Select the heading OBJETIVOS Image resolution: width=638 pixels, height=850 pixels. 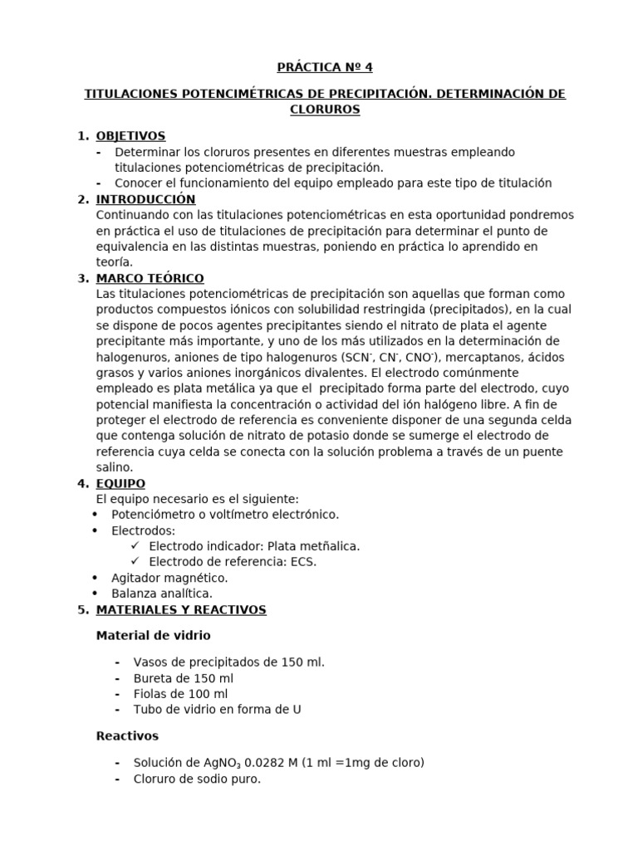(130, 136)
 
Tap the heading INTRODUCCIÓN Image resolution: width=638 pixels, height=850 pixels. (145, 199)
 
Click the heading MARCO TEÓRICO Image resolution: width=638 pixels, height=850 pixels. (150, 278)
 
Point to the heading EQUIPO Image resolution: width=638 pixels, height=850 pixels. (120, 483)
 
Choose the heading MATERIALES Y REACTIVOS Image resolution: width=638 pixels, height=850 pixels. (181, 609)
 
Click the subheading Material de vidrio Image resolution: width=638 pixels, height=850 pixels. (154, 635)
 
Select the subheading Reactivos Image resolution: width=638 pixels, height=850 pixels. (127, 735)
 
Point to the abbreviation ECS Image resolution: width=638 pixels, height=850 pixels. (303, 562)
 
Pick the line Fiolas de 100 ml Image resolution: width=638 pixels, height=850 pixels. (180, 694)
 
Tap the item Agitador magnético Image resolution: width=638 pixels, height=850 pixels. (169, 578)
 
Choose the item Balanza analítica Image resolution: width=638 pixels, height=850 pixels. (162, 594)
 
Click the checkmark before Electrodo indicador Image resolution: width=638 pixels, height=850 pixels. (135, 546)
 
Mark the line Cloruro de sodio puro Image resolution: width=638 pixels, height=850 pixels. (197, 779)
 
